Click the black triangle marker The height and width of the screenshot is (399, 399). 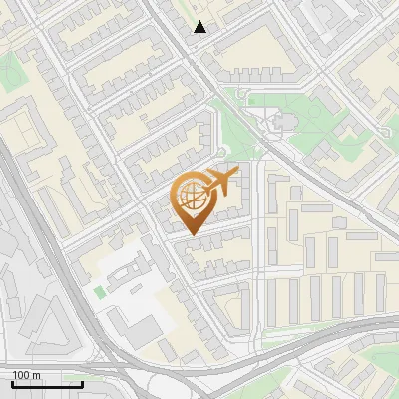point(200,27)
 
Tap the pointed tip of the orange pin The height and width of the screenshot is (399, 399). point(190,234)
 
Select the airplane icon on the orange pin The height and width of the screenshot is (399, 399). point(221,183)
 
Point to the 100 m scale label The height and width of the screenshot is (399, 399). point(26,375)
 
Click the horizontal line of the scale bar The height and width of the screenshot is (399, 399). point(46,383)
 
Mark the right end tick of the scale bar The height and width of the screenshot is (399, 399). point(82,381)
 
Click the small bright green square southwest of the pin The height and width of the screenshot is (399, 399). point(99,292)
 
